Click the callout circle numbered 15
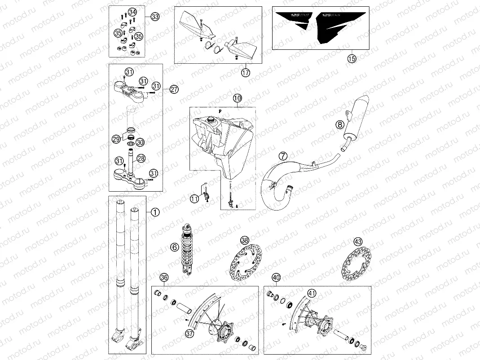[x=352, y=58]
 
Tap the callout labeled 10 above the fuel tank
[x=237, y=98]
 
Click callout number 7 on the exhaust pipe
[x=282, y=156]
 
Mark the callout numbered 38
[x=245, y=240]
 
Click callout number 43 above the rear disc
[x=358, y=241]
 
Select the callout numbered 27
[x=174, y=89]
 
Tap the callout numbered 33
[x=154, y=17]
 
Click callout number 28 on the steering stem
[x=141, y=158]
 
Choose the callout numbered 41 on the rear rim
[x=311, y=294]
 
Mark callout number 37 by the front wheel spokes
[x=189, y=333]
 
